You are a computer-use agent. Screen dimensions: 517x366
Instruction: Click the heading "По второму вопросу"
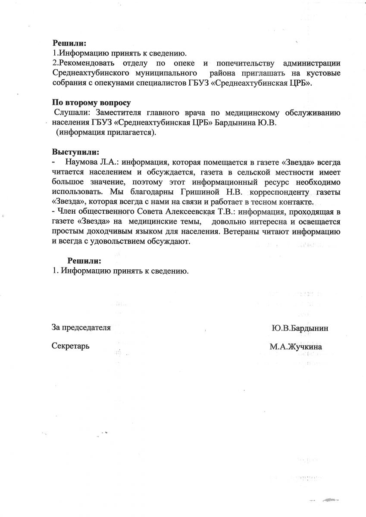[x=91, y=103]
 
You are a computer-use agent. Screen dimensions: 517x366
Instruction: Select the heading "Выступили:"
[x=75, y=152]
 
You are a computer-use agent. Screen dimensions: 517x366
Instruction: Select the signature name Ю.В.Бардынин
[x=300, y=328]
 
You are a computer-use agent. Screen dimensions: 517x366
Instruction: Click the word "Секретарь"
[x=70, y=346]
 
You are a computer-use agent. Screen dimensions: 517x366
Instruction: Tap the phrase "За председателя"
[x=81, y=327]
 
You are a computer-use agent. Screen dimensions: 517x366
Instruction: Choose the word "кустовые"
[x=322, y=73]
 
